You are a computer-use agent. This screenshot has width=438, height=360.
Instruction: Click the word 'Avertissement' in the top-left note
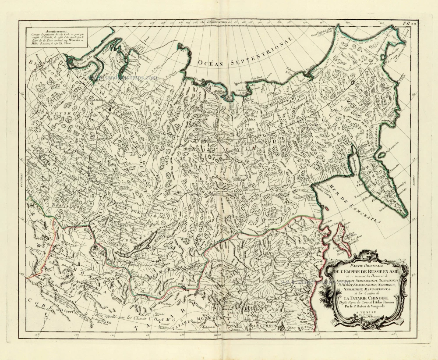(56, 32)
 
